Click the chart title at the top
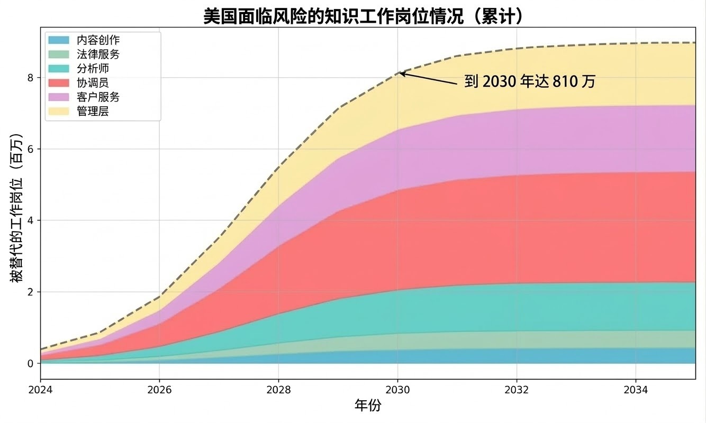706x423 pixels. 364,16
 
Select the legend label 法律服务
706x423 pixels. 98,54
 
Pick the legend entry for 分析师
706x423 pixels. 93,68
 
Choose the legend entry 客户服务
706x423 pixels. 98,97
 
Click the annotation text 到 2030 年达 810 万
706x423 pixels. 530,81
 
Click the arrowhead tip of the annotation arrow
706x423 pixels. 400,73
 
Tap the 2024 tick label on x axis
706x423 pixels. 40,390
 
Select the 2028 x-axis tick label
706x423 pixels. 278,390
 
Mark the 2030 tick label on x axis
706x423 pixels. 397,390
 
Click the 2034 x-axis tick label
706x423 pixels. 636,390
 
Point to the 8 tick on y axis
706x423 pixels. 30,78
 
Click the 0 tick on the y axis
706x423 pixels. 30,364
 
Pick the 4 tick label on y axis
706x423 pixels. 30,220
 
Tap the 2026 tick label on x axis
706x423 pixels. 159,390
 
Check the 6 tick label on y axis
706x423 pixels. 30,149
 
